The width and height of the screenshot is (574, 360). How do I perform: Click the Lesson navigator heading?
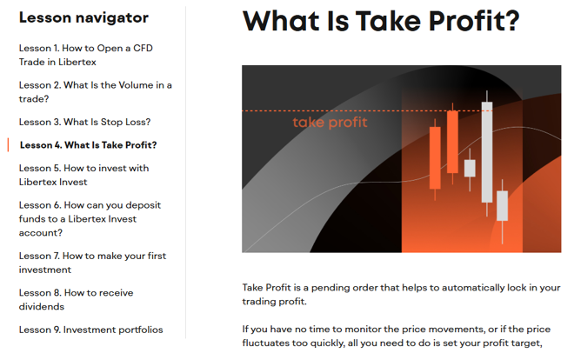83,17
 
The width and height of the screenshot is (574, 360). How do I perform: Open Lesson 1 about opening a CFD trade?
85,55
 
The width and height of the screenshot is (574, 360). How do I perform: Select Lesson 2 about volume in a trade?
95,92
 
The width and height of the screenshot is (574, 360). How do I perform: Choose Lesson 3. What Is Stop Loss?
84,122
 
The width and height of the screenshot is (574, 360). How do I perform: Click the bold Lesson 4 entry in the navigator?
88,145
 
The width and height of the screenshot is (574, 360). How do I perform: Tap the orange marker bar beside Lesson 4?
8,145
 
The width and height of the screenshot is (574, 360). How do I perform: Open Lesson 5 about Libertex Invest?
83,175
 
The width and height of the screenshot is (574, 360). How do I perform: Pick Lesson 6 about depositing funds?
90,219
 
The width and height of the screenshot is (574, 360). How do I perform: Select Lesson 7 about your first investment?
92,263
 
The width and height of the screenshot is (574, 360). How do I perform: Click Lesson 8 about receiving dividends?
77,300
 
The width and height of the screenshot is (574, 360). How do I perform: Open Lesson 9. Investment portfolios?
90,330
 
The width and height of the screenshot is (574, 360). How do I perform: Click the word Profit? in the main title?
474,21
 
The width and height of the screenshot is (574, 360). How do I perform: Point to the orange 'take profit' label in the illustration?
330,123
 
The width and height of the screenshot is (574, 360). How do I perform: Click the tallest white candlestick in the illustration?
487,152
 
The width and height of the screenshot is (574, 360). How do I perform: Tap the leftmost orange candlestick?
435,158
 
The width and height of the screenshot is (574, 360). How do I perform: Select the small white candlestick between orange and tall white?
470,169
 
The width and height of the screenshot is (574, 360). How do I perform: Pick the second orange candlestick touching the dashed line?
452,142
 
